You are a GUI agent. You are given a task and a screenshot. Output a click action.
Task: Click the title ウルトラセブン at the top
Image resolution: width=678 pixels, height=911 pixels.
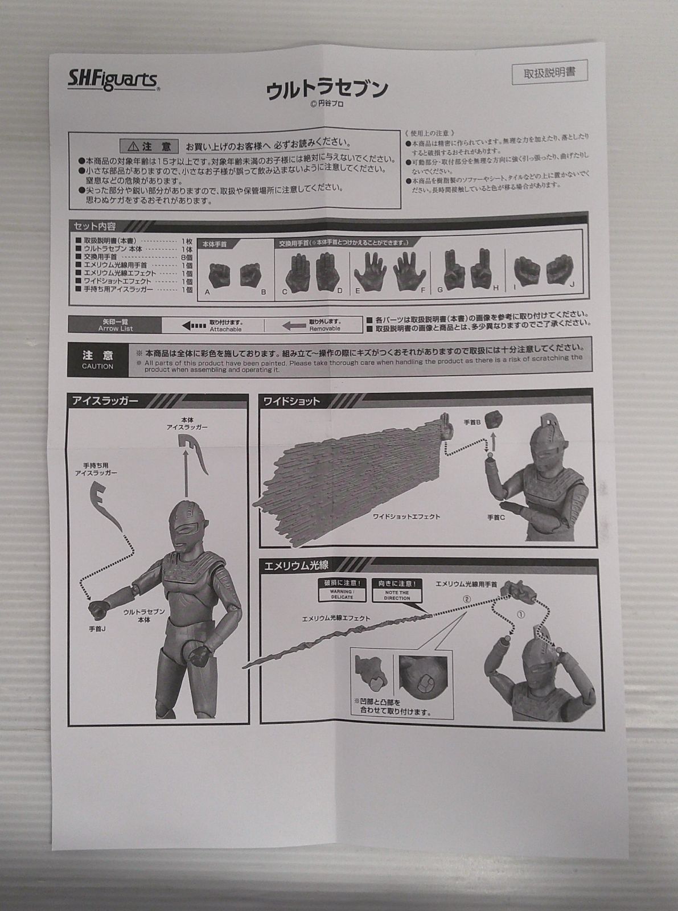point(327,89)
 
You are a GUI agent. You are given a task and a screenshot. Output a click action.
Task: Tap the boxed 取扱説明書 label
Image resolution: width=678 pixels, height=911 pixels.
point(549,73)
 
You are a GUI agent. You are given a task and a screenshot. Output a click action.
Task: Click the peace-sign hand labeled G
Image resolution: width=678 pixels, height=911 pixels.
point(454,270)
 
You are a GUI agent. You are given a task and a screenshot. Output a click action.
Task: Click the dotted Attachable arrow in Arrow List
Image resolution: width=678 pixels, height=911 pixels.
point(194,326)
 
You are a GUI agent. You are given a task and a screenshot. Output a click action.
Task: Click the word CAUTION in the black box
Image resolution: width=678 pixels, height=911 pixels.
point(97,366)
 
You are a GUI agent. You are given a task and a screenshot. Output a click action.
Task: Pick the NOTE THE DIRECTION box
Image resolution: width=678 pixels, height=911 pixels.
point(397,590)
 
